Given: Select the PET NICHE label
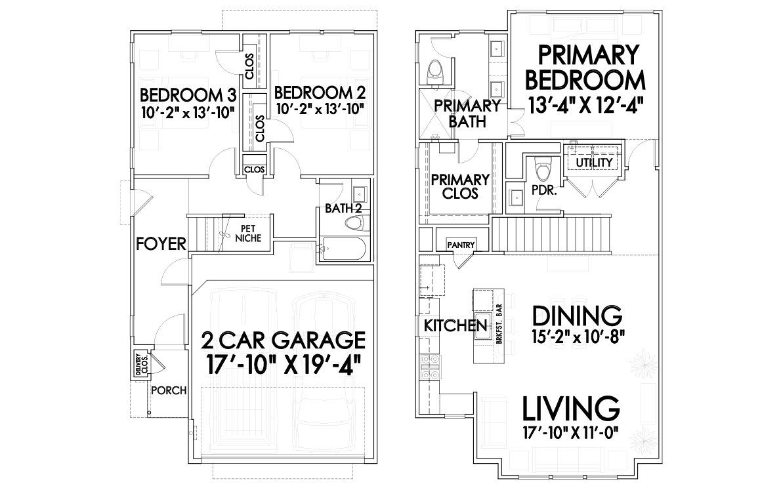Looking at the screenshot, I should click(249, 234).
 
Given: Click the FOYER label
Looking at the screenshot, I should click(161, 245).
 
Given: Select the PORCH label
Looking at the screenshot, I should click(169, 390).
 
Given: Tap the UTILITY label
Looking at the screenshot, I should click(594, 162).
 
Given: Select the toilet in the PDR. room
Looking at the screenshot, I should click(543, 170).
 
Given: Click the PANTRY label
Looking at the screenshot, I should click(461, 245).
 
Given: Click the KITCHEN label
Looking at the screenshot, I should click(455, 325).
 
